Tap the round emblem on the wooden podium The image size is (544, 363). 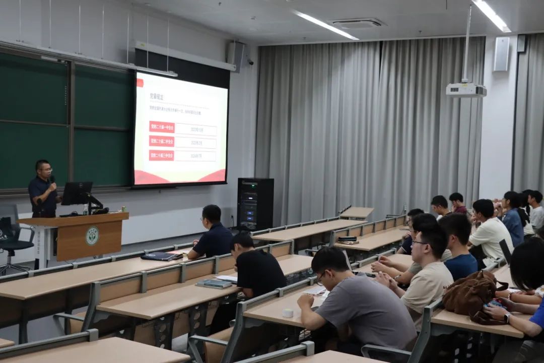click(x=92, y=236)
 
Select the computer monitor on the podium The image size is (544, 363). click(x=77, y=193)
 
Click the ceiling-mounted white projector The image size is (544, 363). click(x=466, y=90)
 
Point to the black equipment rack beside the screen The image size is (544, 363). click(x=255, y=204)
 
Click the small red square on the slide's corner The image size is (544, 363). click(x=140, y=83)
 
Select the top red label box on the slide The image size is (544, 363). click(x=162, y=127)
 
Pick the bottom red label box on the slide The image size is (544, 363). click(x=162, y=155)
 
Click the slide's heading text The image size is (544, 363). click(x=156, y=95)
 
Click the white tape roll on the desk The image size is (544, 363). click(x=288, y=313)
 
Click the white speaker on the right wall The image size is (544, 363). click(x=501, y=54)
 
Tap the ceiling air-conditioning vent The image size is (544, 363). click(x=357, y=23)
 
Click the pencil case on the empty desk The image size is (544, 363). click(x=347, y=239)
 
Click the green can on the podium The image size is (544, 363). click(x=123, y=208)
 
